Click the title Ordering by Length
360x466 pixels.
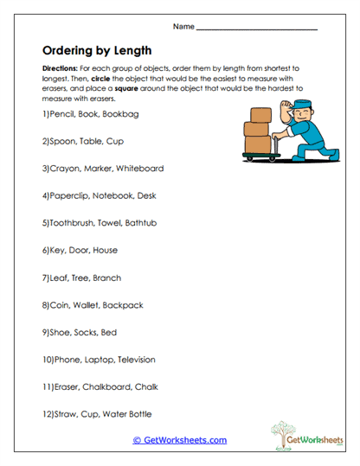(96, 49)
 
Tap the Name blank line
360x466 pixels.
(257, 29)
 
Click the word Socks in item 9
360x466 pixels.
(83, 333)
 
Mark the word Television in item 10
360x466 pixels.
(131, 360)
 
